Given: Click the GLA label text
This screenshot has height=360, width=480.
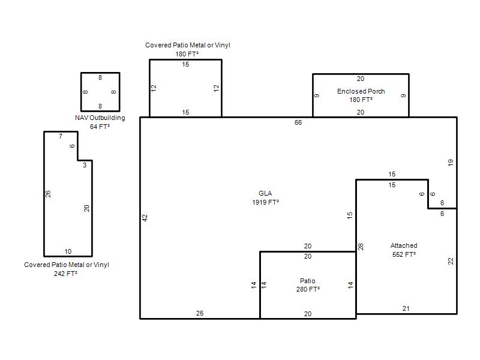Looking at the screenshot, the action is pos(265,193).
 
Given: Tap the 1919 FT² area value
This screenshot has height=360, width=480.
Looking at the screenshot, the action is pos(265,202).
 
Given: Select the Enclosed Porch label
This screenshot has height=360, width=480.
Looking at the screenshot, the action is pos(361,91).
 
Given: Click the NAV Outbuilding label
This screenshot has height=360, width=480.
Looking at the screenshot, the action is pos(100,118).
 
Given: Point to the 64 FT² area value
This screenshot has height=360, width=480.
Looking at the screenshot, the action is pos(100,127).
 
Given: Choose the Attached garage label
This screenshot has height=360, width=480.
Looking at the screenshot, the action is pos(404,245).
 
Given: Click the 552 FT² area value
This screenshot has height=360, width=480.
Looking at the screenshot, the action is pos(404,254).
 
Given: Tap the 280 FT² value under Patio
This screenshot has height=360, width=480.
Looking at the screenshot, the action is pos(308,289).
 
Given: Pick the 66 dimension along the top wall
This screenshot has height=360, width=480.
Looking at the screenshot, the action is pos(298,122).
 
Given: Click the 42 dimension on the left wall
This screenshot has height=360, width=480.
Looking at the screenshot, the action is pos(145,218).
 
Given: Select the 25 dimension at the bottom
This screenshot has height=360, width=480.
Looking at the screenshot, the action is pos(200,313).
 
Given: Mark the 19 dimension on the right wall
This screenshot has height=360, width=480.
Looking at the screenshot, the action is pos(451,163).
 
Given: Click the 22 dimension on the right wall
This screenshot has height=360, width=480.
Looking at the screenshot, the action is pos(451,261).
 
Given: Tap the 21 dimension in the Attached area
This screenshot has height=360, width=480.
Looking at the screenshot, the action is pos(406,308).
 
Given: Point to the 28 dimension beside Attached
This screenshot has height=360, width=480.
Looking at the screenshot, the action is pos(361,247).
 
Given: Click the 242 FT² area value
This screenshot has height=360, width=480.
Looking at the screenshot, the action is pos(65,274).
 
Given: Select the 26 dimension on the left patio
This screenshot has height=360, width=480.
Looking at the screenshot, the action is pos(48,194).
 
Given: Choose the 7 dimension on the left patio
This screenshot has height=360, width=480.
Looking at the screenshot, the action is pos(61,137).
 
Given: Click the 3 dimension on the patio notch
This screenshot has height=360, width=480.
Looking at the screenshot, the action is pos(85,165).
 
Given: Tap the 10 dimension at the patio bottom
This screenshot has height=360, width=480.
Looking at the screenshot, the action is pos(68,251).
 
